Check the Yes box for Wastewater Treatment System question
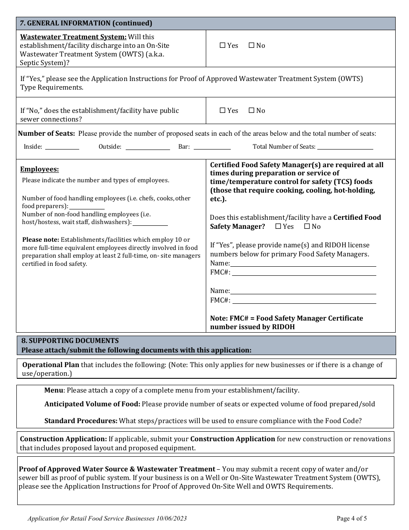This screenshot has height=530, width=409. pos(223,45)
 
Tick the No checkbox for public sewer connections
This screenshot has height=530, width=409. pos(251,110)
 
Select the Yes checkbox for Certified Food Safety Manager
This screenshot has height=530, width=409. pos(278,226)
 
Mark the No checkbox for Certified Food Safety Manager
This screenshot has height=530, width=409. pos(307,226)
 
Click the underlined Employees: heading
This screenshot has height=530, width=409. pos(40,169)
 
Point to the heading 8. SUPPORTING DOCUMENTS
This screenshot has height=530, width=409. pos(70,340)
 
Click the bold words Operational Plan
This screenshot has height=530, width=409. pos(51,365)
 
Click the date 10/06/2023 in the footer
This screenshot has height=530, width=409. pos(171,519)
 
